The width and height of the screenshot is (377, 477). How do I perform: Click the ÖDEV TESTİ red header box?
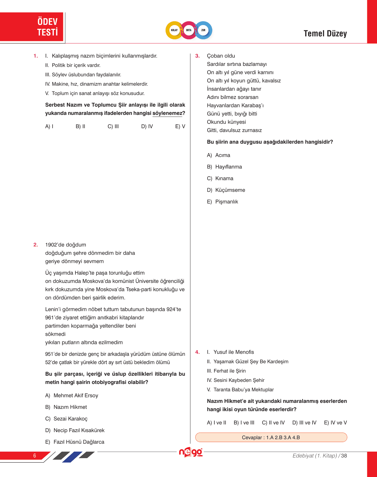[x=32, y=27]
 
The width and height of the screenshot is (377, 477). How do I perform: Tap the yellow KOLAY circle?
[x=174, y=30]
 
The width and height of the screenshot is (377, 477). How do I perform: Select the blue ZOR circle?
[x=203, y=30]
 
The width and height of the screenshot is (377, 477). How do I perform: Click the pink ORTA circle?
[x=189, y=30]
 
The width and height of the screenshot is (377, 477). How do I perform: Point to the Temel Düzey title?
[x=325, y=34]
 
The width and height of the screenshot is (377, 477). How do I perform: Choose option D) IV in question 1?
[x=147, y=126]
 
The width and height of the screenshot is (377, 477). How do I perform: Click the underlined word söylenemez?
[x=167, y=113]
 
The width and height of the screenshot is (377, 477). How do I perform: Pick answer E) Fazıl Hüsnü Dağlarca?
[x=75, y=442]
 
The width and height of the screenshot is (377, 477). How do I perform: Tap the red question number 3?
[x=198, y=56]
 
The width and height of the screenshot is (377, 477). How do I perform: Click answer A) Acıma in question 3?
[x=219, y=155]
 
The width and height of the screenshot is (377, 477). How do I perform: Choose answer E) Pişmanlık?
[x=222, y=202]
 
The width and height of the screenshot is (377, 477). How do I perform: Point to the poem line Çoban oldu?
[x=221, y=56]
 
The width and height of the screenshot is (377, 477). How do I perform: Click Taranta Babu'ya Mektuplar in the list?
[x=243, y=390]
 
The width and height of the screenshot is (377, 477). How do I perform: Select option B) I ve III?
[x=244, y=423]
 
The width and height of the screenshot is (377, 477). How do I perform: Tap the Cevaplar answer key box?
[x=271, y=437]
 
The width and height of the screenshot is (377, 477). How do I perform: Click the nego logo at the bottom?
[x=191, y=452]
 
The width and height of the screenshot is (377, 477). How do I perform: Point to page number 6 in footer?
[x=35, y=456]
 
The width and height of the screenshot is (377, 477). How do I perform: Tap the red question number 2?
[x=36, y=245]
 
